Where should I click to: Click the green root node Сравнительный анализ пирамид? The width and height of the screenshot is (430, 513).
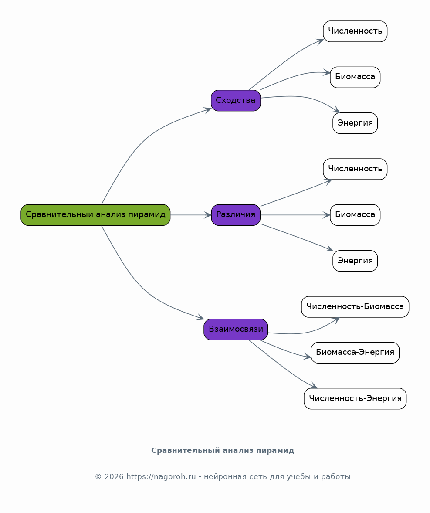[x=95, y=215]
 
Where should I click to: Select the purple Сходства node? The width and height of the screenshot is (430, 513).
[x=236, y=100]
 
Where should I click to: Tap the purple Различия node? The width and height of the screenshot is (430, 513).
[x=236, y=215]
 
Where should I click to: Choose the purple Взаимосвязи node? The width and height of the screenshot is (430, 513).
[x=236, y=330]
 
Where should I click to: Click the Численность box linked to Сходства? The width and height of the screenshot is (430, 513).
[x=355, y=31]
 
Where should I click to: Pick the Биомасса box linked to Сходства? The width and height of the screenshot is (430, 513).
[x=355, y=77]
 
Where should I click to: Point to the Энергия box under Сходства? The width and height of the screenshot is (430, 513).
[x=355, y=123]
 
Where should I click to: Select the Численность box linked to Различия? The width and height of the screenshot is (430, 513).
[x=355, y=169]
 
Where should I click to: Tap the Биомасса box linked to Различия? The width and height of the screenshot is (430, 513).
[x=355, y=215]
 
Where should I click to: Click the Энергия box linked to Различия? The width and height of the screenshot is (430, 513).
[x=355, y=261]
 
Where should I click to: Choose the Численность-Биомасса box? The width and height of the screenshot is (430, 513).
[x=355, y=307]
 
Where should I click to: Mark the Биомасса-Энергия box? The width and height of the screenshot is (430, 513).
[x=355, y=353]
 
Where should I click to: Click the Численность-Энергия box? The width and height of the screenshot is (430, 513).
[x=355, y=398]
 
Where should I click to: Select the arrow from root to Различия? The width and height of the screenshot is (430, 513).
[x=191, y=215]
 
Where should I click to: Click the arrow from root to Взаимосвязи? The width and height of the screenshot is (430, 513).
[x=144, y=291]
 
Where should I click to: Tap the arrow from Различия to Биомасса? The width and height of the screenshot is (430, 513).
[x=295, y=215]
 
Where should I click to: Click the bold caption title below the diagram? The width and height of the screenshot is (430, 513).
[x=223, y=451]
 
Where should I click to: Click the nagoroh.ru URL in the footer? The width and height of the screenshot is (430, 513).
[x=161, y=477]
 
